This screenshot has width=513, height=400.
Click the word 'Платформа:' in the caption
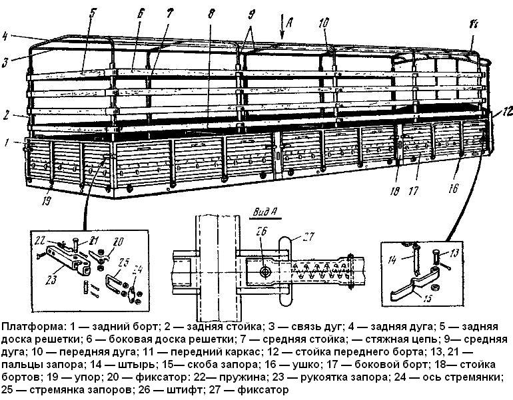click(31, 327)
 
